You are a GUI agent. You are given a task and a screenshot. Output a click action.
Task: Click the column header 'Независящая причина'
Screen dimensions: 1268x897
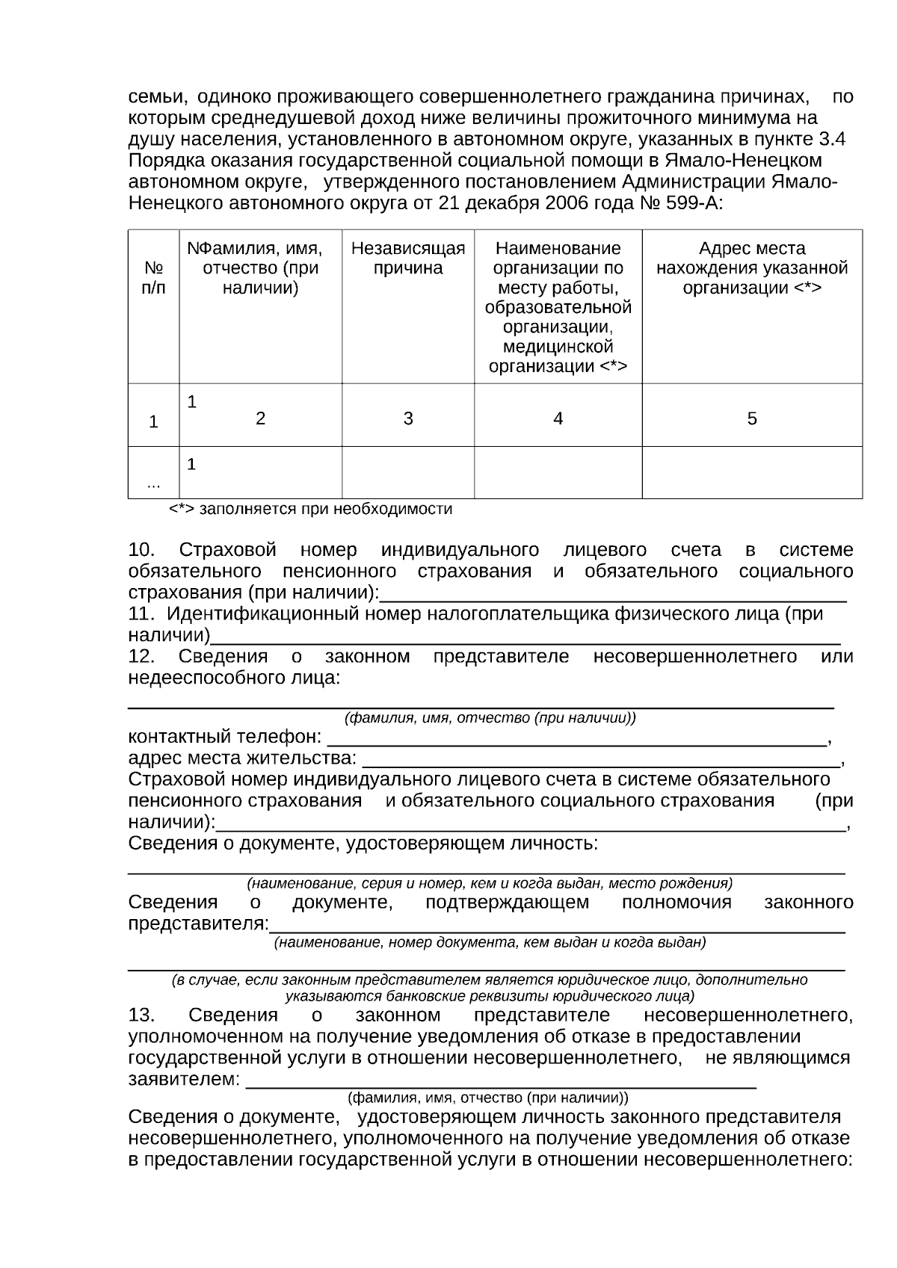[408, 259]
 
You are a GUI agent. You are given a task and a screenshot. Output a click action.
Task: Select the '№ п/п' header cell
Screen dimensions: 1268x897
[153, 278]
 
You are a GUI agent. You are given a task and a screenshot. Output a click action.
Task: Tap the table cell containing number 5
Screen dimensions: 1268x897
[752, 419]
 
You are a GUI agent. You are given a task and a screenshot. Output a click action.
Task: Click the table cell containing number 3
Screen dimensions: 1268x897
[408, 419]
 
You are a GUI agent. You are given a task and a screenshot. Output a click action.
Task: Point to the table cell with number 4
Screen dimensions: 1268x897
[558, 419]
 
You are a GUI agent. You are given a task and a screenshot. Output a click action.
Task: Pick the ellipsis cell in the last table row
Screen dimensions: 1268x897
[153, 484]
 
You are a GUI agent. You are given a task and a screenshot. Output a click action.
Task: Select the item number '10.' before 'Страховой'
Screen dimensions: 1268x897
[141, 551]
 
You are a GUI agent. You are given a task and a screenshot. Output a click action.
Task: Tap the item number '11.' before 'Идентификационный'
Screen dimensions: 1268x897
[141, 615]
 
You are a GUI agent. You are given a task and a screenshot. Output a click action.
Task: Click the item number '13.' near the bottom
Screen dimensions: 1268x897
[141, 1015]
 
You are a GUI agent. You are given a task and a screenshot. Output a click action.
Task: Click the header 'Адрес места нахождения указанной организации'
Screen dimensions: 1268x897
[752, 268]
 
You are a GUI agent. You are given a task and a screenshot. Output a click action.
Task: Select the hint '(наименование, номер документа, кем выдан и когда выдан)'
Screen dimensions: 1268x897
[490, 943]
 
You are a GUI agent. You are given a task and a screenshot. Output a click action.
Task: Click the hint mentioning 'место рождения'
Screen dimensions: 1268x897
[490, 883]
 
